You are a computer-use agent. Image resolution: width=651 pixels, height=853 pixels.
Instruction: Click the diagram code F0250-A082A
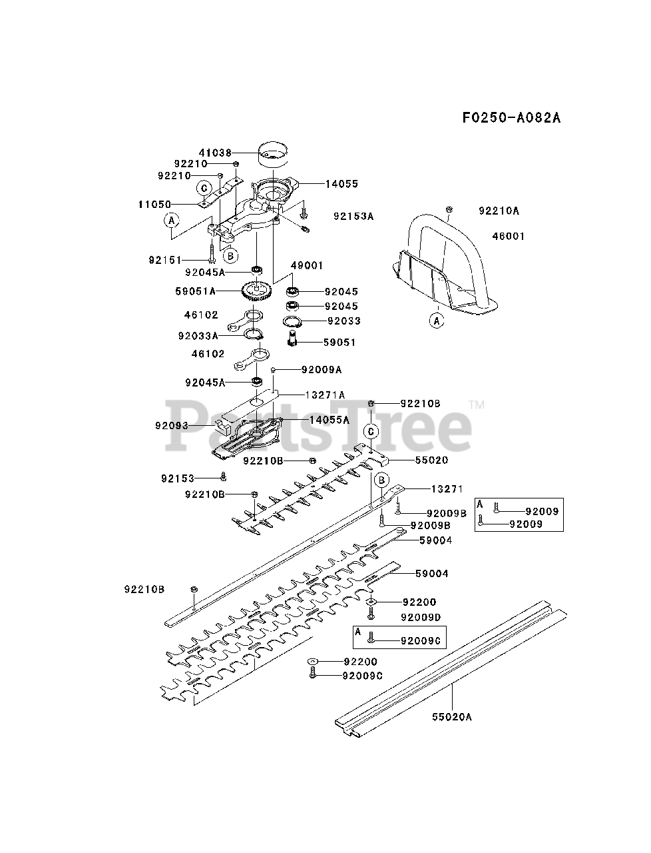[511, 118]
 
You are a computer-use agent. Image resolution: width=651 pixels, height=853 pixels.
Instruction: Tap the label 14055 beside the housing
[341, 183]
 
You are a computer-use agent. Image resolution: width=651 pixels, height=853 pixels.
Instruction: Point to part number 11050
[155, 204]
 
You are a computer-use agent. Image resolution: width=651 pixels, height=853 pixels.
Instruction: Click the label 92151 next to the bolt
[165, 259]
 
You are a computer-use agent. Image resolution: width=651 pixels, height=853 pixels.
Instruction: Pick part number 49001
[307, 265]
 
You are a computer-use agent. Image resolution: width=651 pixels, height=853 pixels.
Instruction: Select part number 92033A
[198, 336]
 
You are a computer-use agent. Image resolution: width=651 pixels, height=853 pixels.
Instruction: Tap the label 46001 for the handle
[509, 236]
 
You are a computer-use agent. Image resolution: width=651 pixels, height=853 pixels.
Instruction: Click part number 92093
[172, 425]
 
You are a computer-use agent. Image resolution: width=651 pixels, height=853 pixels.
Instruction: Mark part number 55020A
[451, 717]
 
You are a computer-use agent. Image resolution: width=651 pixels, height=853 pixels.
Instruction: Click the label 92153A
[353, 216]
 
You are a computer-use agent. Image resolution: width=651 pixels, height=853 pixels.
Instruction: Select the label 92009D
[421, 618]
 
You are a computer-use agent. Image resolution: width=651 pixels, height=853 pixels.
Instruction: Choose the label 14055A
[329, 420]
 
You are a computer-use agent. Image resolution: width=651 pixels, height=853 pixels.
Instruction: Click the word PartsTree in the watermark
[320, 425]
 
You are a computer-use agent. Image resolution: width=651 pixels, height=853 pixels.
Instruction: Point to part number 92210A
[499, 211]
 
